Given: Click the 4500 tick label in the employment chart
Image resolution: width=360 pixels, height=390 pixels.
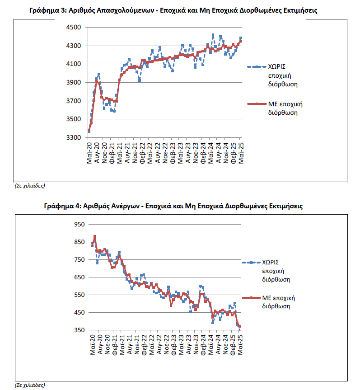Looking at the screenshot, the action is click(x=74, y=28).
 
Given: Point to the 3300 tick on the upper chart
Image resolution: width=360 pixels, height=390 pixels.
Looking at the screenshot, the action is click(x=74, y=137).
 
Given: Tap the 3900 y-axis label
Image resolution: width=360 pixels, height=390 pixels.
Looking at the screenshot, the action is click(x=74, y=83).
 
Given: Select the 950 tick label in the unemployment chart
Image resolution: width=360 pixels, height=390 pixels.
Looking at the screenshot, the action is click(x=79, y=224).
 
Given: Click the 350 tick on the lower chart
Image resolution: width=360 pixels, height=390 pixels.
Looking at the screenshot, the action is click(x=79, y=330).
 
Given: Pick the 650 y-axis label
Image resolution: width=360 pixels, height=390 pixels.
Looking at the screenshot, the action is click(x=79, y=277).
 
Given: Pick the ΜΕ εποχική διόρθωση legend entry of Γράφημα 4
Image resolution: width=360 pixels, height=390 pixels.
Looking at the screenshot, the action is click(x=268, y=302).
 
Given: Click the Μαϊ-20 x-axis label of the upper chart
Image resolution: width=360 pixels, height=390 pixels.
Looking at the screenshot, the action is click(x=89, y=153).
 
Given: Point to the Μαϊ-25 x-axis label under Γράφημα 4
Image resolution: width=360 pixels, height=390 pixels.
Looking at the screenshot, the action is click(x=240, y=344).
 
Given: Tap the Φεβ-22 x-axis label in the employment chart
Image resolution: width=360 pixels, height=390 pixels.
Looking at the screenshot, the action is click(x=142, y=153).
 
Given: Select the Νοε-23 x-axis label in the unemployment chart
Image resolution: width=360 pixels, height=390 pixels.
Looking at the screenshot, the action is click(x=196, y=344).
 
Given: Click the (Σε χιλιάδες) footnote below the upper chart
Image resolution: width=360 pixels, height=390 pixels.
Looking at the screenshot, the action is click(x=30, y=186).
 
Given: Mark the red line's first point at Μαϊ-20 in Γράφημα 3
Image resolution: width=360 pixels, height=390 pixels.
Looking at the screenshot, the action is click(x=89, y=130).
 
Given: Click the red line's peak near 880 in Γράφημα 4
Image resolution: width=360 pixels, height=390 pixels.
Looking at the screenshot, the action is click(x=94, y=236).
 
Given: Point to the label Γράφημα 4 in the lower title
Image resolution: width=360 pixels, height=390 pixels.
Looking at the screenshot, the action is click(x=62, y=206).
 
